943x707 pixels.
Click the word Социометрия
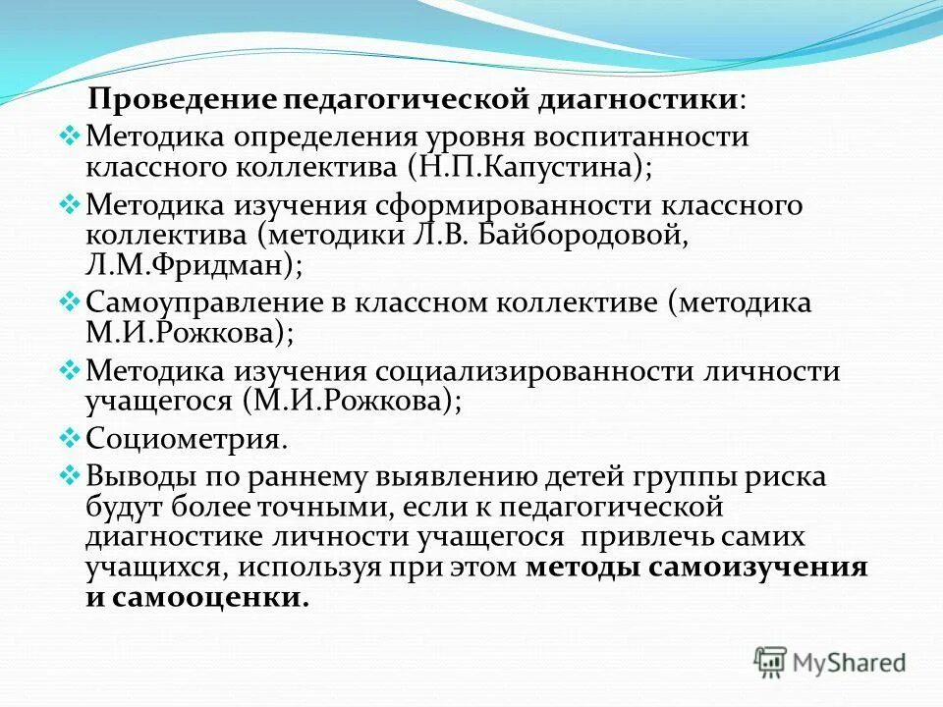[187, 438]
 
